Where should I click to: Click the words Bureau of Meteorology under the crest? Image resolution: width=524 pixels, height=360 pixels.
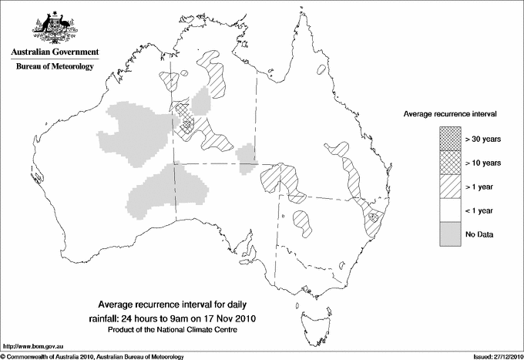click(x=55, y=67)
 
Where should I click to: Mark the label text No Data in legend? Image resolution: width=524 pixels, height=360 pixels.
click(x=479, y=234)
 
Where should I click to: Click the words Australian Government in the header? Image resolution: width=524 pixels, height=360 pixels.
click(x=55, y=52)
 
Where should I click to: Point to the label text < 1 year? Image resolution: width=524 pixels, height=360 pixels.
click(x=480, y=210)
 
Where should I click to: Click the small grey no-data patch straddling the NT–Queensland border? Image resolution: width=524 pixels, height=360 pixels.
click(x=246, y=154)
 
